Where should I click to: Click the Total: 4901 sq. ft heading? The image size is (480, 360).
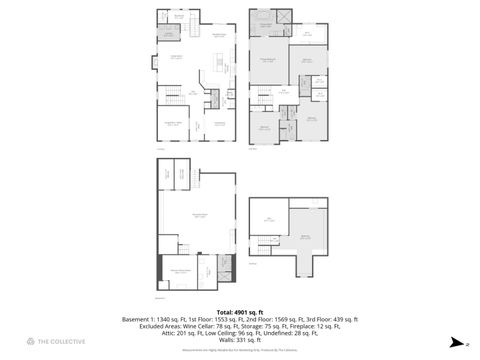[x=239, y=312]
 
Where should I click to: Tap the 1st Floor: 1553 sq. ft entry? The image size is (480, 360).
[x=208, y=319]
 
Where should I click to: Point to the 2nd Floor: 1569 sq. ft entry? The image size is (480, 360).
[x=267, y=319]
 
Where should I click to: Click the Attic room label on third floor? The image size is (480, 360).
[x=269, y=217]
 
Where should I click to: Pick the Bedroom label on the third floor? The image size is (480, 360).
[x=304, y=237]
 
